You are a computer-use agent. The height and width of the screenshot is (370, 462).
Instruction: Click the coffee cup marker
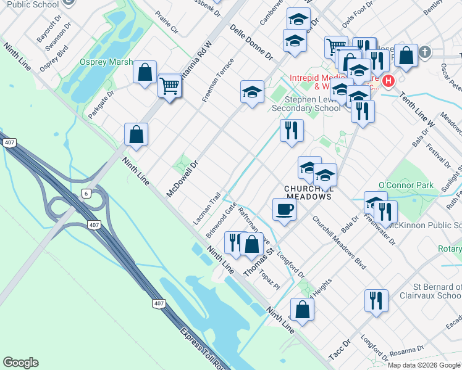[284, 209]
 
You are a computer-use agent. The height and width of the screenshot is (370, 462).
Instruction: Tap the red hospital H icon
[388, 81]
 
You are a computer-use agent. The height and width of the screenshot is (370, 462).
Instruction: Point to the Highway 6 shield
[85, 194]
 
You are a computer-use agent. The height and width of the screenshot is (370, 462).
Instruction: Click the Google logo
[20, 363]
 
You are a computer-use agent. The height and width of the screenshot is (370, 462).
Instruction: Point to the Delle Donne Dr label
[251, 41]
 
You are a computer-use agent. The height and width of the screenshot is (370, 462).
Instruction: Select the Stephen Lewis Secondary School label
[313, 104]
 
